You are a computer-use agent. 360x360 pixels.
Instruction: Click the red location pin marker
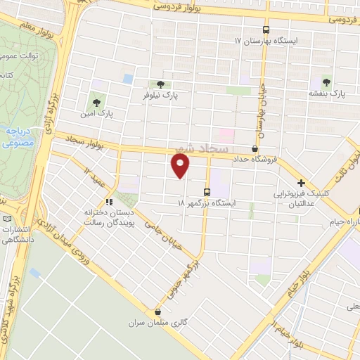click(181, 165)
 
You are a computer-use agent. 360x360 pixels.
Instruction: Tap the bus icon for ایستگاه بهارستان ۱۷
click(266, 30)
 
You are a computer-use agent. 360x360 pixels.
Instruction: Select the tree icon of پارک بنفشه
click(326, 80)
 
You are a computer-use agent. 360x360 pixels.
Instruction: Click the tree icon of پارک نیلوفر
click(161, 85)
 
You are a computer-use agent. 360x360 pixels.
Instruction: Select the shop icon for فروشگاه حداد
click(255, 149)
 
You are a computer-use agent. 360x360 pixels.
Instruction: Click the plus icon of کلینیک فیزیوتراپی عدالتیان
click(300, 183)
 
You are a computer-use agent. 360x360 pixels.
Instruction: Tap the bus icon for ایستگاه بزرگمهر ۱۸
click(207, 191)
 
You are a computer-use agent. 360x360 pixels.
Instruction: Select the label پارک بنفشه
click(326, 93)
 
